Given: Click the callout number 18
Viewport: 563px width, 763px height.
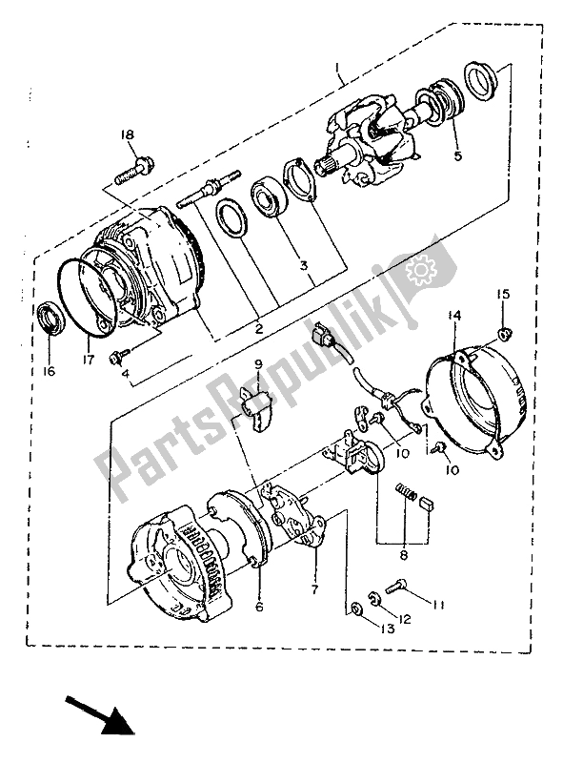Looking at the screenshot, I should pyautogui.click(x=127, y=135).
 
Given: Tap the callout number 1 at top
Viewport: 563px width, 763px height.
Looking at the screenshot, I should pyautogui.click(x=338, y=68).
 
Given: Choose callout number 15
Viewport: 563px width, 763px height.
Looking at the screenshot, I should pyautogui.click(x=502, y=294).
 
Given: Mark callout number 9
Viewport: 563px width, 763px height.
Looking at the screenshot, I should pyautogui.click(x=257, y=363).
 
